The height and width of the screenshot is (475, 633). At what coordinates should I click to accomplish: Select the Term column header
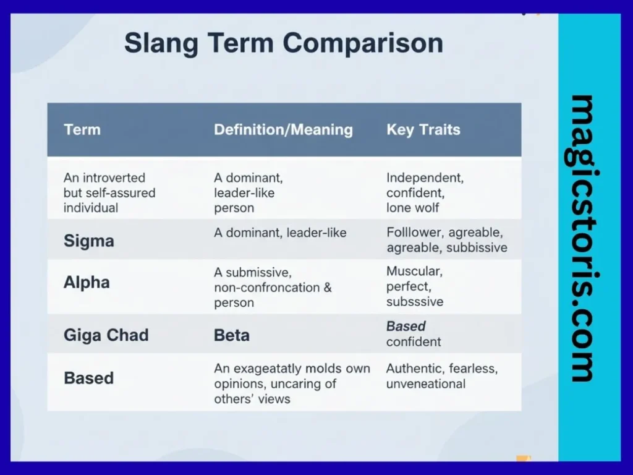(82, 130)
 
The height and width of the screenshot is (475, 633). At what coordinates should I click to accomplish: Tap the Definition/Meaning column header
(283, 130)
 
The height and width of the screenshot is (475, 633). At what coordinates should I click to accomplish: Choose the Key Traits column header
(423, 130)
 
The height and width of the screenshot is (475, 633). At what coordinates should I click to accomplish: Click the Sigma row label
(88, 241)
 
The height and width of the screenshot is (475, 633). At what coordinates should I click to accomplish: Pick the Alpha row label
(87, 283)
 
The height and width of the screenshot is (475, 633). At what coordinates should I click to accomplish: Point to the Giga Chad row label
(106, 335)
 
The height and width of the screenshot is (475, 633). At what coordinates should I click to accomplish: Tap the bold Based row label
(88, 377)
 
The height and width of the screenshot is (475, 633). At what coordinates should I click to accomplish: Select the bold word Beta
(232, 335)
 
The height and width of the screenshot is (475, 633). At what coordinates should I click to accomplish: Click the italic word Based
(406, 326)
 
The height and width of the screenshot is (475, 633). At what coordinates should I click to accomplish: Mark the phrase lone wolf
(413, 208)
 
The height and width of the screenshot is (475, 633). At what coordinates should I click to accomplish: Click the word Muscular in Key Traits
(414, 272)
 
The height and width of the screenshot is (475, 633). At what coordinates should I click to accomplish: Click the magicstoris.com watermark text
(582, 238)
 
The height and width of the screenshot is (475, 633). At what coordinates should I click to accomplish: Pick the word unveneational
(425, 384)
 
